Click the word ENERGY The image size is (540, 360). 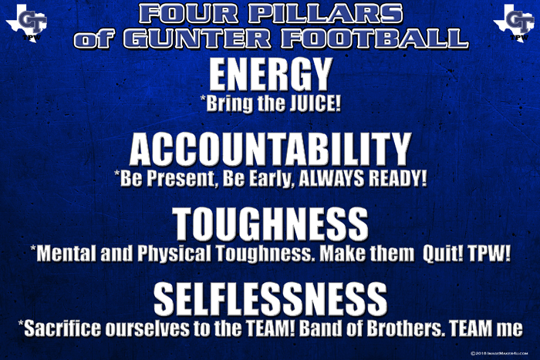tap(271, 74)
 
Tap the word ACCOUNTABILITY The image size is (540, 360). tap(270, 150)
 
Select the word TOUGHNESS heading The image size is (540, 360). tap(270, 224)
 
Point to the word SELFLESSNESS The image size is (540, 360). tap(270, 299)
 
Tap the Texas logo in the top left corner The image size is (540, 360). tap(27, 23)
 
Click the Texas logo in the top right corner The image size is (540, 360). tap(514, 23)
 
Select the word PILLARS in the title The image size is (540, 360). tap(326, 14)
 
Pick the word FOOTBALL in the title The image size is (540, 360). tap(375, 38)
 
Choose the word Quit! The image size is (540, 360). tap(443, 254)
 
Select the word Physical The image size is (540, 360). tap(174, 254)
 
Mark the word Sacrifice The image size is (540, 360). tap(62, 328)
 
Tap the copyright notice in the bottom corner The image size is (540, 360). tap(499, 353)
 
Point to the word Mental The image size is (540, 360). tap(66, 254)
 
